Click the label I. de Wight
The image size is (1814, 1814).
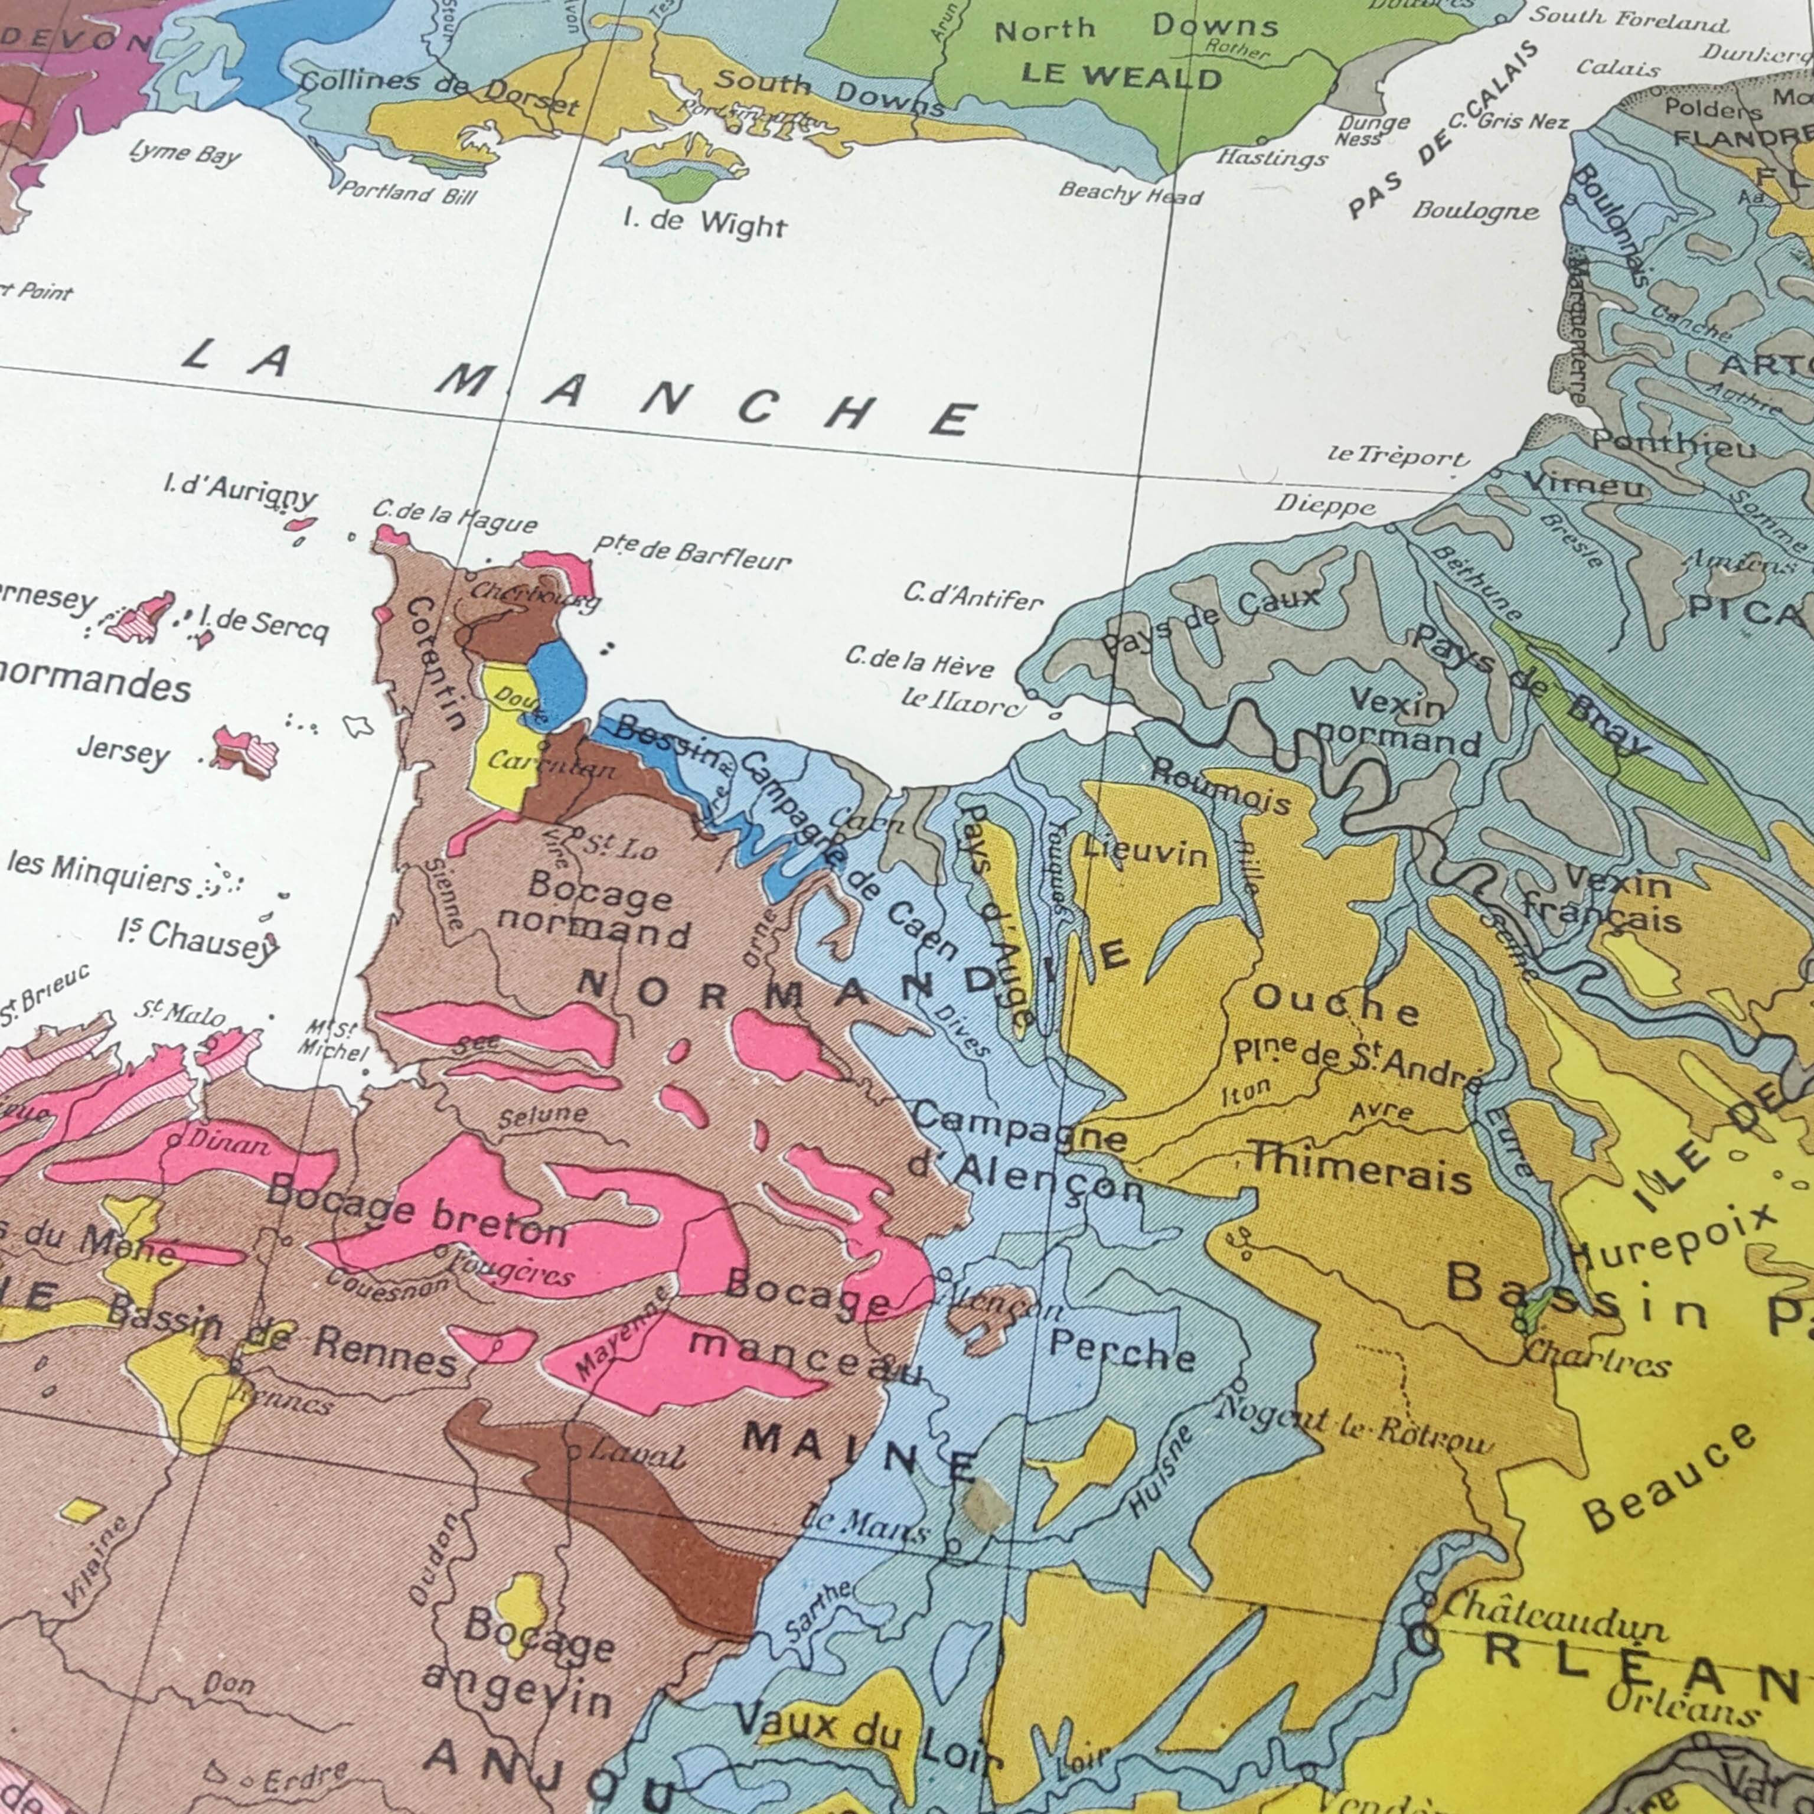coord(705,223)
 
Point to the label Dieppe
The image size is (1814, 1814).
coord(1324,506)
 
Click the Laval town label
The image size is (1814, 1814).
coord(638,1456)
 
